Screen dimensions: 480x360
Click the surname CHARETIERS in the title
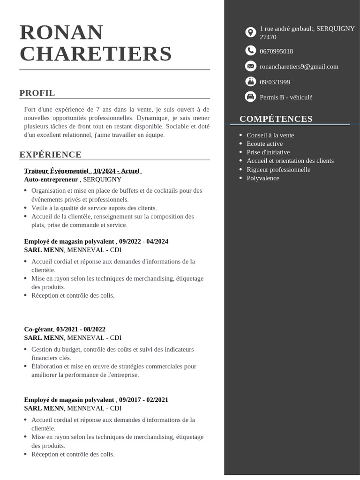pos(96,53)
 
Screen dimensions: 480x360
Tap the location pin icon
pos(251,32)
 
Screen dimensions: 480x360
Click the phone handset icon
pos(251,51)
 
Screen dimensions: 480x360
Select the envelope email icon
pos(251,66)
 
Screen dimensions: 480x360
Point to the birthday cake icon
pos(251,82)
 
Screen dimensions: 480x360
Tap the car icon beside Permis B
pos(251,97)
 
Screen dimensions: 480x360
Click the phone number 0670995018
pos(276,51)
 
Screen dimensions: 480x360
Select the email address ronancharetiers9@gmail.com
pos(299,67)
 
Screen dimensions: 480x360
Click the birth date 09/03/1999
pos(275,82)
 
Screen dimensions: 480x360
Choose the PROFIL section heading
pos(37,93)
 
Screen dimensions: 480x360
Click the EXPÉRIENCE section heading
pos(50,155)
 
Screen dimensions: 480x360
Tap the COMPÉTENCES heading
pos(276,119)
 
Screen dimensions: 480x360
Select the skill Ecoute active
pos(264,143)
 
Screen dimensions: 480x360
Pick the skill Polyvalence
pos(262,178)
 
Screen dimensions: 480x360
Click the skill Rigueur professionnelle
pos(278,169)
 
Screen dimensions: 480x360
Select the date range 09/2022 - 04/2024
pos(143,241)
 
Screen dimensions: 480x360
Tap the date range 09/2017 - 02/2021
pos(143,400)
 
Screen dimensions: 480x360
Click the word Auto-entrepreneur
pos(51,179)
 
